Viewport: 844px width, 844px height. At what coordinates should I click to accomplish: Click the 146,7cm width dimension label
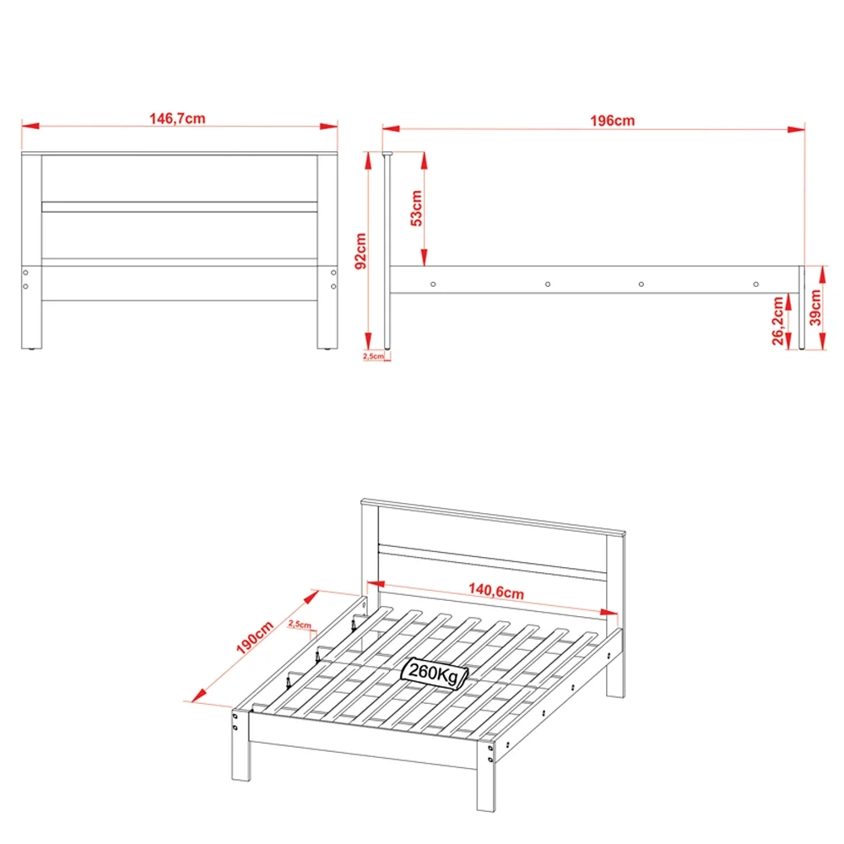pos(177,119)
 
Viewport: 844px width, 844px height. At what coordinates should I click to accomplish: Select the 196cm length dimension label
pos(612,121)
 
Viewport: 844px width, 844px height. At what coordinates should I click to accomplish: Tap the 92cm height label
pos(360,251)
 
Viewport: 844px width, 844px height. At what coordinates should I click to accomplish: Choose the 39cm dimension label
pos(815,308)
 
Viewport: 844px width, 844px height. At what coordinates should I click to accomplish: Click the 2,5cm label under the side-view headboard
pos(373,356)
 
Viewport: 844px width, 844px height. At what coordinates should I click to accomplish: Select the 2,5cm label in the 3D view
pos(300,625)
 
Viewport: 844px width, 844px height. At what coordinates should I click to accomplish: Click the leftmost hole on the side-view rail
pos(432,284)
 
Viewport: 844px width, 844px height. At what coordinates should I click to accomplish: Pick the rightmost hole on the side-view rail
pos(756,284)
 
